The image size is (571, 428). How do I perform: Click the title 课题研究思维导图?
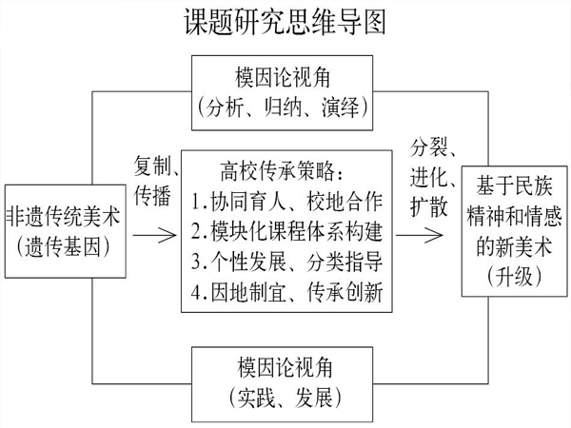(x=285, y=22)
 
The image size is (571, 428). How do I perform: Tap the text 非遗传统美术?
(x=64, y=217)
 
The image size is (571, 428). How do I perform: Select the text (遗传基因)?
(x=63, y=246)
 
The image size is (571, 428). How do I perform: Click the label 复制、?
(x=156, y=166)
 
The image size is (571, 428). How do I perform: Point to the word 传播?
(x=152, y=196)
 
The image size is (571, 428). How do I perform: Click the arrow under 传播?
(x=154, y=235)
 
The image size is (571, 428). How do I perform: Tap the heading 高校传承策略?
(x=282, y=171)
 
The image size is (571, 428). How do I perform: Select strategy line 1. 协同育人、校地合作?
(x=287, y=202)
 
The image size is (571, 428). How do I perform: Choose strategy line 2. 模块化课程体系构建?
(x=287, y=232)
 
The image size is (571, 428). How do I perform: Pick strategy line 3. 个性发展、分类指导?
(x=287, y=263)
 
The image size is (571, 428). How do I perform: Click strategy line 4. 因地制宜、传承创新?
(x=287, y=292)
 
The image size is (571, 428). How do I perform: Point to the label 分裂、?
(x=433, y=147)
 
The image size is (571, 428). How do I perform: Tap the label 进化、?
(x=433, y=178)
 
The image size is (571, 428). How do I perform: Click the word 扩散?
(x=429, y=207)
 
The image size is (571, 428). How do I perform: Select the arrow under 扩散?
(x=419, y=235)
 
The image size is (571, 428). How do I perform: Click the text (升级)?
(x=515, y=278)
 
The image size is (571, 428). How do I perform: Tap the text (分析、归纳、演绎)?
(x=283, y=107)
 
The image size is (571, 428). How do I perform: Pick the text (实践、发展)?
(x=285, y=398)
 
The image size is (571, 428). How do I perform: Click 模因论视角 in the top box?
(x=283, y=78)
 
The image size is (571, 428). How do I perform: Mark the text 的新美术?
(x=515, y=247)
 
